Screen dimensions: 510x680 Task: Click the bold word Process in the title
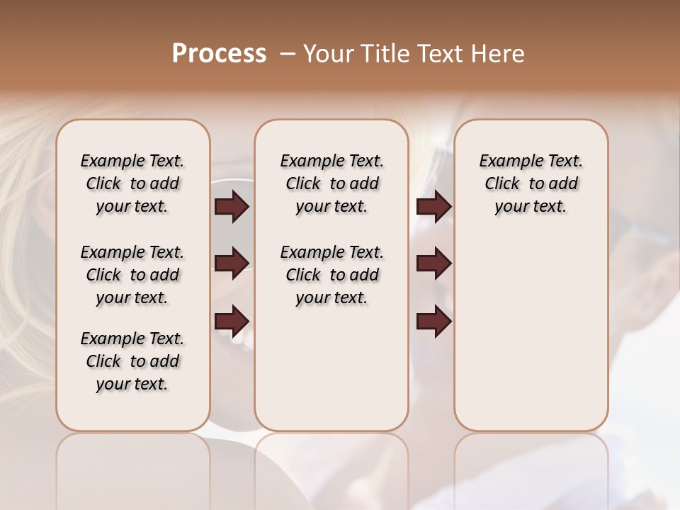(219, 54)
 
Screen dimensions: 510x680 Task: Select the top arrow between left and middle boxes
(231, 207)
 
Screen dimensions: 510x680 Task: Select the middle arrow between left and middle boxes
(231, 263)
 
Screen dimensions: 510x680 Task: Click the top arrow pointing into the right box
(433, 207)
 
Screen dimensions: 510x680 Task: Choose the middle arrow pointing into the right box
(433, 263)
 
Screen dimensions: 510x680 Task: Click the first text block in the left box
(132, 183)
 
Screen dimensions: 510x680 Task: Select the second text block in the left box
(132, 275)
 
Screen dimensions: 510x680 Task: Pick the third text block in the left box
(132, 361)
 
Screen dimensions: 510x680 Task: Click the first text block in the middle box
(331, 183)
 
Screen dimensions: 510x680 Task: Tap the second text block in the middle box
(331, 275)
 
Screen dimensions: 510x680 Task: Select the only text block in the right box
(531, 183)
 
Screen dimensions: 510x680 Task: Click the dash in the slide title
(288, 54)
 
